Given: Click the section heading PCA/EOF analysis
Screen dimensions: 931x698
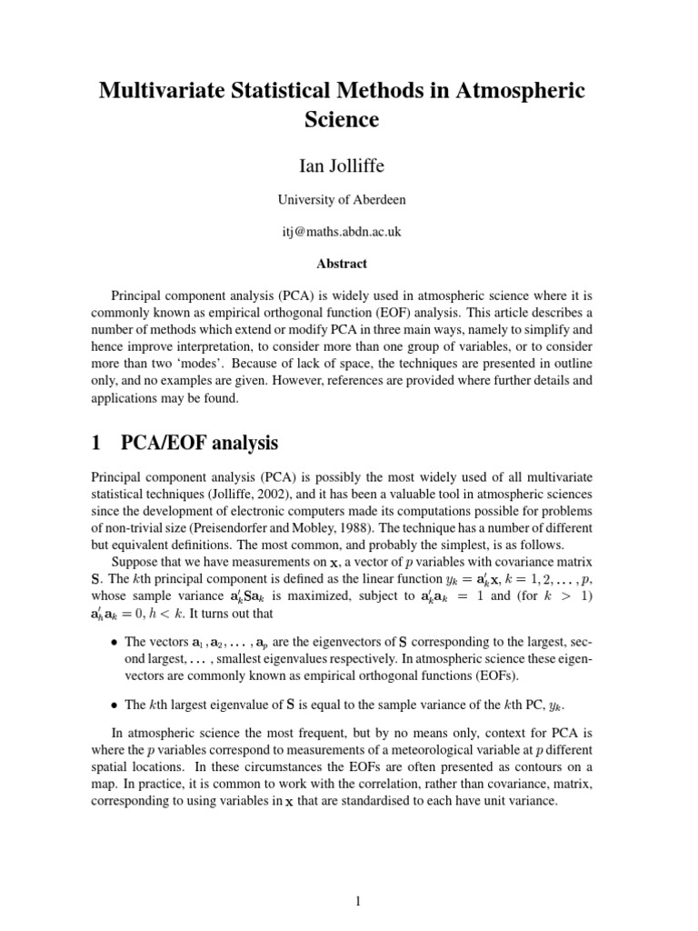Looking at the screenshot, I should pos(199,443).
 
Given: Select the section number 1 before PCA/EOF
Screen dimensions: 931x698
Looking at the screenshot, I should pos(96,443).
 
